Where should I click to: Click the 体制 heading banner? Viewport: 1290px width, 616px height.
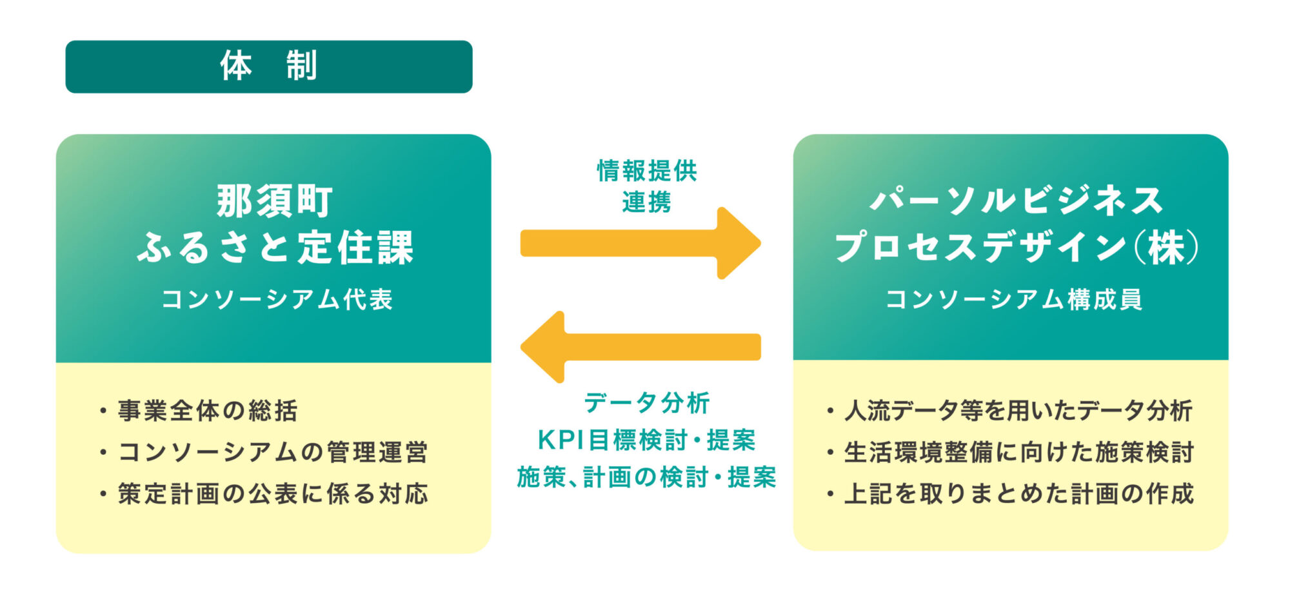coord(268,66)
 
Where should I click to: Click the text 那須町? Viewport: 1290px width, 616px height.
coord(274,201)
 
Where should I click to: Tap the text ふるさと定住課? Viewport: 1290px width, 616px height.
coord(275,247)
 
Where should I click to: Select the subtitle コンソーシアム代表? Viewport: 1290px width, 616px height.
coord(277,299)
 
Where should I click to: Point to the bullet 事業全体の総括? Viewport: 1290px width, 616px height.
coord(207,411)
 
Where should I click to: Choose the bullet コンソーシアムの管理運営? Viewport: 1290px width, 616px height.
coord(272,452)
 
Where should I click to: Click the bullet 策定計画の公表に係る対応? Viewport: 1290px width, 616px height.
coord(272,494)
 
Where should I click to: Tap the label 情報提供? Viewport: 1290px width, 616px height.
coord(647,171)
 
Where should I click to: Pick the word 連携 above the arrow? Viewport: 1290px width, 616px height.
coord(646,203)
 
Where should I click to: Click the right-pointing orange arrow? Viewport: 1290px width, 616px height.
coord(640,243)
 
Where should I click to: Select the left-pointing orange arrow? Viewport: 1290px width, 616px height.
coord(640,347)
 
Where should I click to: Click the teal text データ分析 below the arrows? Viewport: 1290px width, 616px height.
coord(646,403)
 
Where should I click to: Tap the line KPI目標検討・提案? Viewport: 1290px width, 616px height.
coord(646,440)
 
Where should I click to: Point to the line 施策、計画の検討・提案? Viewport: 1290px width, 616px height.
coord(646,477)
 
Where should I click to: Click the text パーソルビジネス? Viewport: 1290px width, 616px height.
coord(1017,201)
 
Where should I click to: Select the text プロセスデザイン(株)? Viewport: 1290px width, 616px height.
coord(1017,247)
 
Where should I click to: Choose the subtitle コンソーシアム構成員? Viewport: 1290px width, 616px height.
coord(1014,299)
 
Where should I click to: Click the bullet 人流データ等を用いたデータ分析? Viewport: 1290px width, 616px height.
coord(1018,411)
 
